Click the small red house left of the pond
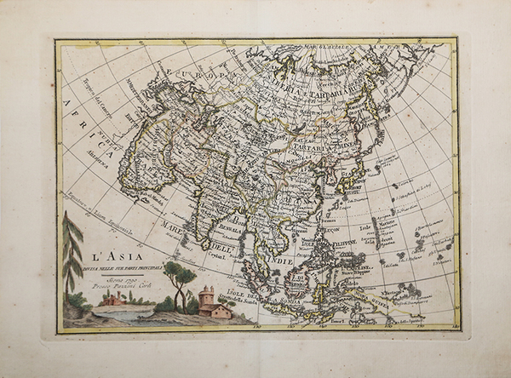click(110, 300)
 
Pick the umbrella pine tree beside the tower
click(181, 277)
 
